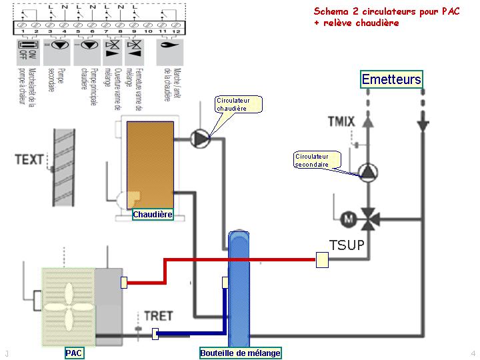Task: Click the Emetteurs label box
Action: pyautogui.click(x=391, y=79)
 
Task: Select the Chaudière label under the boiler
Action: pyautogui.click(x=153, y=215)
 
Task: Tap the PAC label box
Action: pyautogui.click(x=74, y=353)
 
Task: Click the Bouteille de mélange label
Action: pyautogui.click(x=241, y=353)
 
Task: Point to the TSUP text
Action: pyautogui.click(x=347, y=245)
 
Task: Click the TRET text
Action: pyautogui.click(x=159, y=315)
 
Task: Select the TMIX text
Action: pyautogui.click(x=341, y=121)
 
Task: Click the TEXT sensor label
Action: pyautogui.click(x=29, y=160)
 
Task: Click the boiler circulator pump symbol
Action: pyautogui.click(x=200, y=138)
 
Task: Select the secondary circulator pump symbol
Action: pyautogui.click(x=368, y=171)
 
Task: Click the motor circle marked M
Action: pyautogui.click(x=347, y=218)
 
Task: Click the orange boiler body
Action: pyautogui.click(x=150, y=160)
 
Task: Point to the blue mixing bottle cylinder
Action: pyautogui.click(x=239, y=287)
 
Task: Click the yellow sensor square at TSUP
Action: pyautogui.click(x=322, y=260)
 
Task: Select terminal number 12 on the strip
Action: pyautogui.click(x=175, y=31)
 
